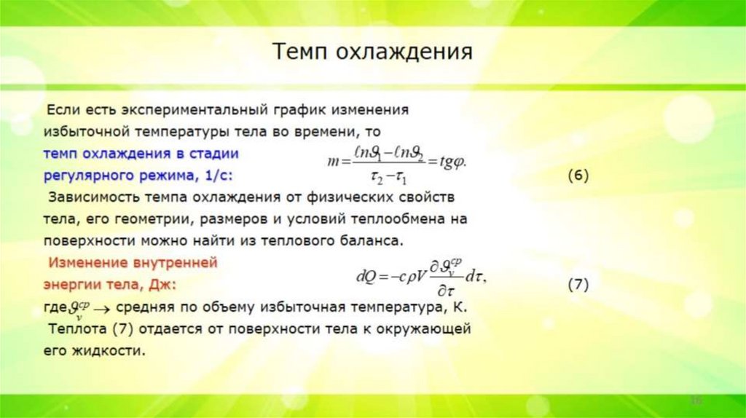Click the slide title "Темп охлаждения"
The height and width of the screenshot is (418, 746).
[x=373, y=52]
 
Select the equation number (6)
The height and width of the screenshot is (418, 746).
[x=577, y=177]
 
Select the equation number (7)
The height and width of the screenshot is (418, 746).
[x=577, y=285]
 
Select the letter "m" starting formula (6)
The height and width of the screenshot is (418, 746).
[x=334, y=162]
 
